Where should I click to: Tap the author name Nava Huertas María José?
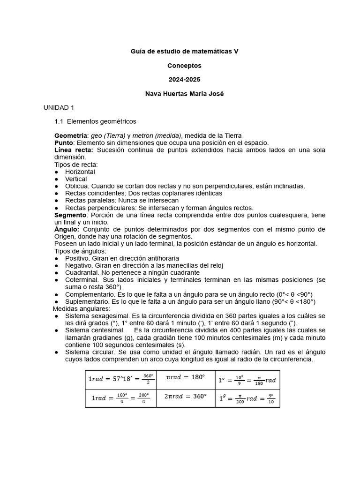(184, 94)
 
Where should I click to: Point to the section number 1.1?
(59, 121)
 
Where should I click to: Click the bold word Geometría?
(71, 135)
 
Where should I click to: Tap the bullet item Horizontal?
(80, 172)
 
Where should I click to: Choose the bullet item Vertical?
(76, 179)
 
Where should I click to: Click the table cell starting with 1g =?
(247, 398)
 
